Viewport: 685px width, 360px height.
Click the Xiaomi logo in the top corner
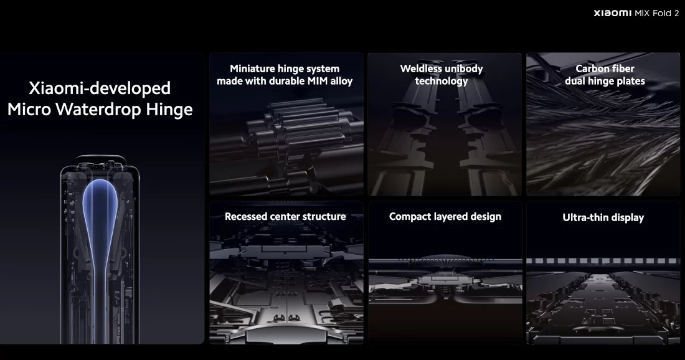[x=613, y=13]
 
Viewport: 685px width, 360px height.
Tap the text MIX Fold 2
[x=657, y=13]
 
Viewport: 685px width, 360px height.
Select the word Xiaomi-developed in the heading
[x=100, y=88]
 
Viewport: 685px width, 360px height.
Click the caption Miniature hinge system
[x=285, y=69]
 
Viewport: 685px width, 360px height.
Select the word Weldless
[x=421, y=69]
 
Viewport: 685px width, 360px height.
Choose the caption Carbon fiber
[x=605, y=69]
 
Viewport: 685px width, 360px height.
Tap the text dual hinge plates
[x=605, y=81]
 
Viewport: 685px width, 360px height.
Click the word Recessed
[x=246, y=216]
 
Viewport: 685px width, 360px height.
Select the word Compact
[x=410, y=217]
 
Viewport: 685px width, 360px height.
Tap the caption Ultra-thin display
[x=603, y=217]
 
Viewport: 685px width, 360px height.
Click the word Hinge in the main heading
[x=169, y=110]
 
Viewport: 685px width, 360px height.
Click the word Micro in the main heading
[x=29, y=109]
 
